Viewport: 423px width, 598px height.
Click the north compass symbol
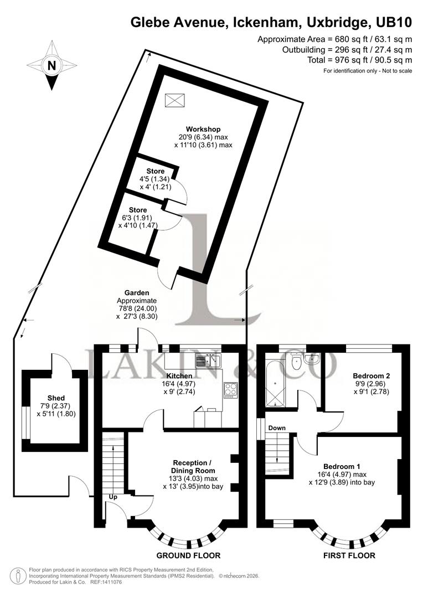tap(51, 65)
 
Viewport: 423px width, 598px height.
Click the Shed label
tap(56, 398)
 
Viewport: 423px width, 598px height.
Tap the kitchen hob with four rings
tap(230, 390)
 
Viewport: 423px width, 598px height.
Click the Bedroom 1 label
tap(342, 466)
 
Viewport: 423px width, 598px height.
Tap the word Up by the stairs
tap(112, 497)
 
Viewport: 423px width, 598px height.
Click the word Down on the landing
tap(277, 428)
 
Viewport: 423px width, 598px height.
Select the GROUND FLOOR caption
tap(188, 555)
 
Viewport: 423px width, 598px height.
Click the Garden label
tap(137, 293)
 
